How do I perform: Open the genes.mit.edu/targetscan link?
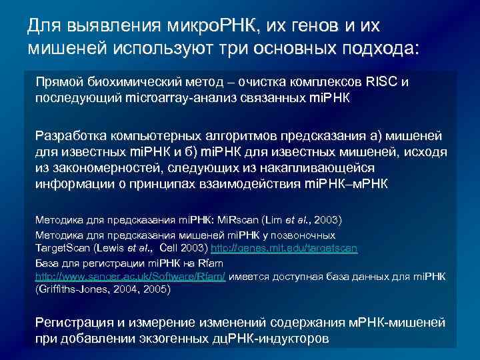tap(284, 248)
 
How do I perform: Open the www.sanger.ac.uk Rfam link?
tap(130, 276)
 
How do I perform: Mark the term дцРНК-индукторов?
tap(272, 339)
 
